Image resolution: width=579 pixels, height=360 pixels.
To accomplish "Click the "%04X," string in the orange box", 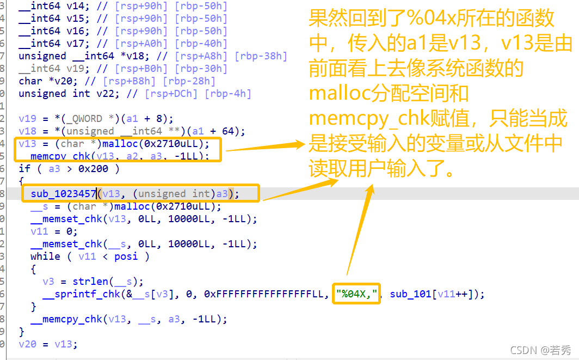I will click(x=357, y=294).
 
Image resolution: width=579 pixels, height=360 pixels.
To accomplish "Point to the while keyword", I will click(x=45, y=257).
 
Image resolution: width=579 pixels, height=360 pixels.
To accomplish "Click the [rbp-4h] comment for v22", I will click(x=228, y=94).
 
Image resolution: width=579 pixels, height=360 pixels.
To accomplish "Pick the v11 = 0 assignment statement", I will click(x=54, y=231).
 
